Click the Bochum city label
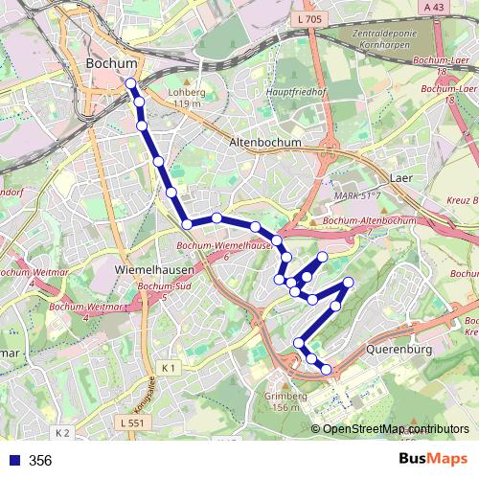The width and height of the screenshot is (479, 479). [111, 63]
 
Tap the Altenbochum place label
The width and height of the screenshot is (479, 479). [265, 142]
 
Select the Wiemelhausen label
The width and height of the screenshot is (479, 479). [148, 271]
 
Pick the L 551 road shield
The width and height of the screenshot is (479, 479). [135, 422]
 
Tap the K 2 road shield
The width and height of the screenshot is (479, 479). [62, 433]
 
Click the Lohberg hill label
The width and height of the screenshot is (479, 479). [186, 98]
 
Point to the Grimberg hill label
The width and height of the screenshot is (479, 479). [286, 401]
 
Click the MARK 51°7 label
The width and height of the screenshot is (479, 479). [358, 195]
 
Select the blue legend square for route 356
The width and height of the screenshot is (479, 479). [12, 461]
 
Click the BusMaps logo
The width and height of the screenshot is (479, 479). [435, 460]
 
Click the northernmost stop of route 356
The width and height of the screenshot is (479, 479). [131, 84]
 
